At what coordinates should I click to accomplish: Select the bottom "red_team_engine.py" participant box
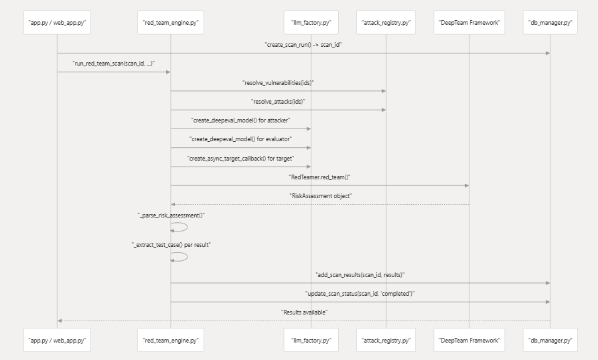pyautogui.click(x=170, y=340)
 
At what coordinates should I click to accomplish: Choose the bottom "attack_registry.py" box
pyautogui.click(x=386, y=340)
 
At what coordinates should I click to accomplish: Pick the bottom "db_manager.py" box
pyautogui.click(x=550, y=340)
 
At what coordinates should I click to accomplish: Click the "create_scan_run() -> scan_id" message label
pyautogui.click(x=303, y=44)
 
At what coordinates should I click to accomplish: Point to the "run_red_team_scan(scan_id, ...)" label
pyautogui.click(x=114, y=63)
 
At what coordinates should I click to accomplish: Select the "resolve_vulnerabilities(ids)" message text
pyautogui.click(x=278, y=82)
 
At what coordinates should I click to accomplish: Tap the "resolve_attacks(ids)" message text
pyautogui.click(x=278, y=101)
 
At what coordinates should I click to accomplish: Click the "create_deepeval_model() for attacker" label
pyautogui.click(x=240, y=120)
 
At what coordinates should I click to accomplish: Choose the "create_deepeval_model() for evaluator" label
pyautogui.click(x=240, y=139)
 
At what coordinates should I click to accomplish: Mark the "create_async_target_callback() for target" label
pyautogui.click(x=240, y=157)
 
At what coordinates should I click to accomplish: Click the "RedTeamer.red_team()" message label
pyautogui.click(x=319, y=176)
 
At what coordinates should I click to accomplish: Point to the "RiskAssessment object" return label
pyautogui.click(x=319, y=195)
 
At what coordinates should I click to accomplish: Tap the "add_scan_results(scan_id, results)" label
pyautogui.click(x=360, y=274)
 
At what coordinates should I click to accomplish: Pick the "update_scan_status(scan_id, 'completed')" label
pyautogui.click(x=360, y=293)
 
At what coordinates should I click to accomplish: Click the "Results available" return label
pyautogui.click(x=303, y=312)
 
